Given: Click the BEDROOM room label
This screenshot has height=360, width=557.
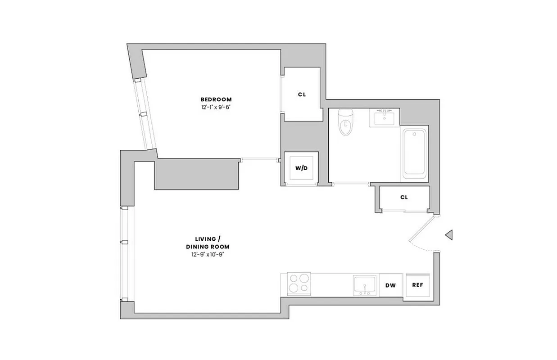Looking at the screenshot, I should click(216, 99).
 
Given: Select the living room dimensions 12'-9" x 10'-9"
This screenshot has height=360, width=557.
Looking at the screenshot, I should click(208, 255).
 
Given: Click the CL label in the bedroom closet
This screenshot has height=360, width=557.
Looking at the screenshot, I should click(302, 94).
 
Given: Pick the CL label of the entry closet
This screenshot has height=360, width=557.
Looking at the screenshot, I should click(404, 197).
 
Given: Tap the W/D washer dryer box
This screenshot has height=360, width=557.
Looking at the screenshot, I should click(301, 168).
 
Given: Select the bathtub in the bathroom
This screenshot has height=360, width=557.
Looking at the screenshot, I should click(414, 153).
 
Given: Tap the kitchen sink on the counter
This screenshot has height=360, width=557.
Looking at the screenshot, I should click(365, 285).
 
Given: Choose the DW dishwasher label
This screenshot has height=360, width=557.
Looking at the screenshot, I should click(390, 285).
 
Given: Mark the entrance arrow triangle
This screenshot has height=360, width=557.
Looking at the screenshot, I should click(448, 234).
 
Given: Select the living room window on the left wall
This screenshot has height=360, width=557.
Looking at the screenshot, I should click(124, 254).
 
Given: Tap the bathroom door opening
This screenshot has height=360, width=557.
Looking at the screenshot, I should click(351, 184).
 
